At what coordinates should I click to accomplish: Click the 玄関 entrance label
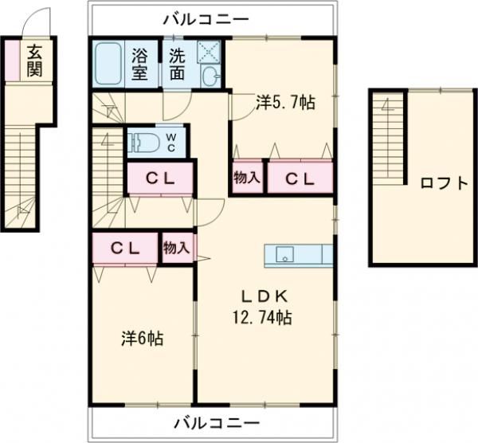click(x=34, y=61)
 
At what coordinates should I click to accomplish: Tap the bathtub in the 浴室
click(x=108, y=64)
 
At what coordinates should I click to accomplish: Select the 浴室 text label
click(x=139, y=65)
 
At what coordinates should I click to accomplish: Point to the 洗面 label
click(x=177, y=65)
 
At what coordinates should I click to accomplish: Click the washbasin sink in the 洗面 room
click(x=209, y=76)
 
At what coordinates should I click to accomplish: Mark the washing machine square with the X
click(x=209, y=52)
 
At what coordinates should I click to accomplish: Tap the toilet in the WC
click(x=143, y=143)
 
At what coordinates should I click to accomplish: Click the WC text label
click(x=171, y=143)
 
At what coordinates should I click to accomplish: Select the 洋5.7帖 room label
click(x=285, y=103)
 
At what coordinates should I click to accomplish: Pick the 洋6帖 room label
click(x=143, y=338)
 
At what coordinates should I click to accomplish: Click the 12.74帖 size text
click(x=262, y=317)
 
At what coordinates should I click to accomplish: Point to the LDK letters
click(x=264, y=296)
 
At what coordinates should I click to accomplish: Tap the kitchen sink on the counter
click(x=284, y=255)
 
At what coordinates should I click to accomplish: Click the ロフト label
click(x=444, y=183)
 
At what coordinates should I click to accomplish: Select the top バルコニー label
click(x=206, y=19)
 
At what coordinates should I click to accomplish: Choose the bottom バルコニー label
click(x=217, y=424)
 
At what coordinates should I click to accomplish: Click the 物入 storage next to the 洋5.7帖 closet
click(x=247, y=178)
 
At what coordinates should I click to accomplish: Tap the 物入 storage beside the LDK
click(x=177, y=248)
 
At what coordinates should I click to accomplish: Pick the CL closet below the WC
click(x=160, y=178)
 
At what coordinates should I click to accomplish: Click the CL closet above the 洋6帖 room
click(x=125, y=249)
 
